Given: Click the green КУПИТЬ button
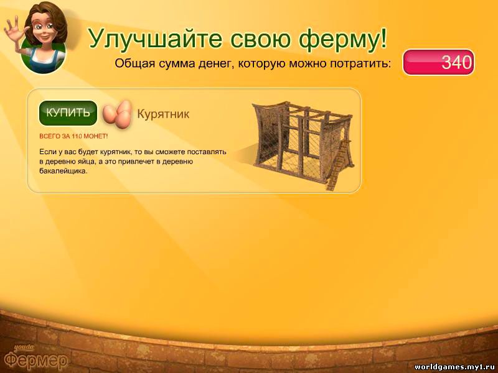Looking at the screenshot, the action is tap(68, 113).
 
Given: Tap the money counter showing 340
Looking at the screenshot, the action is tap(439, 62).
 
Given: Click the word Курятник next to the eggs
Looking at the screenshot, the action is tap(163, 114).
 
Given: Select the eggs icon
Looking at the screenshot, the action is tap(117, 114).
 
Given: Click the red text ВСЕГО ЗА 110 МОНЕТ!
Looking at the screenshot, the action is tap(73, 136).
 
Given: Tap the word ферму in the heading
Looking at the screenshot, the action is tap(336, 39).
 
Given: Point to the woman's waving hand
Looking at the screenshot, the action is tap(13, 26).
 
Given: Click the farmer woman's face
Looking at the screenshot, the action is tap(44, 25).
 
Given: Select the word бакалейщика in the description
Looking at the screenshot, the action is tap(63, 172).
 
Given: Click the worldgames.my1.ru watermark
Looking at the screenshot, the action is tap(456, 367).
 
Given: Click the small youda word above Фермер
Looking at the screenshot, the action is tap(24, 348).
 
